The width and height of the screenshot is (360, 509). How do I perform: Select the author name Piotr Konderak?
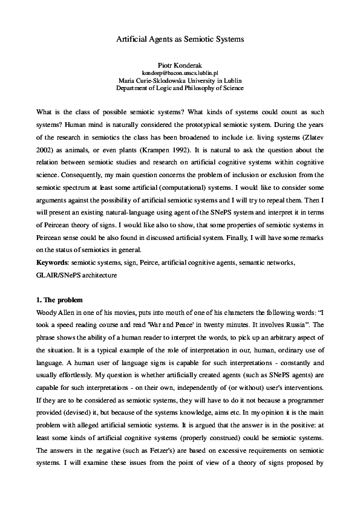point(180,63)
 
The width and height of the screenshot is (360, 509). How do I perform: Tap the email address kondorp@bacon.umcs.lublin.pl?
point(180,71)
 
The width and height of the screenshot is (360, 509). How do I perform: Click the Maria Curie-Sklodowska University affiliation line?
point(180,79)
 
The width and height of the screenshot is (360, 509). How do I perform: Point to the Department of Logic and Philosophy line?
point(180,87)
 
